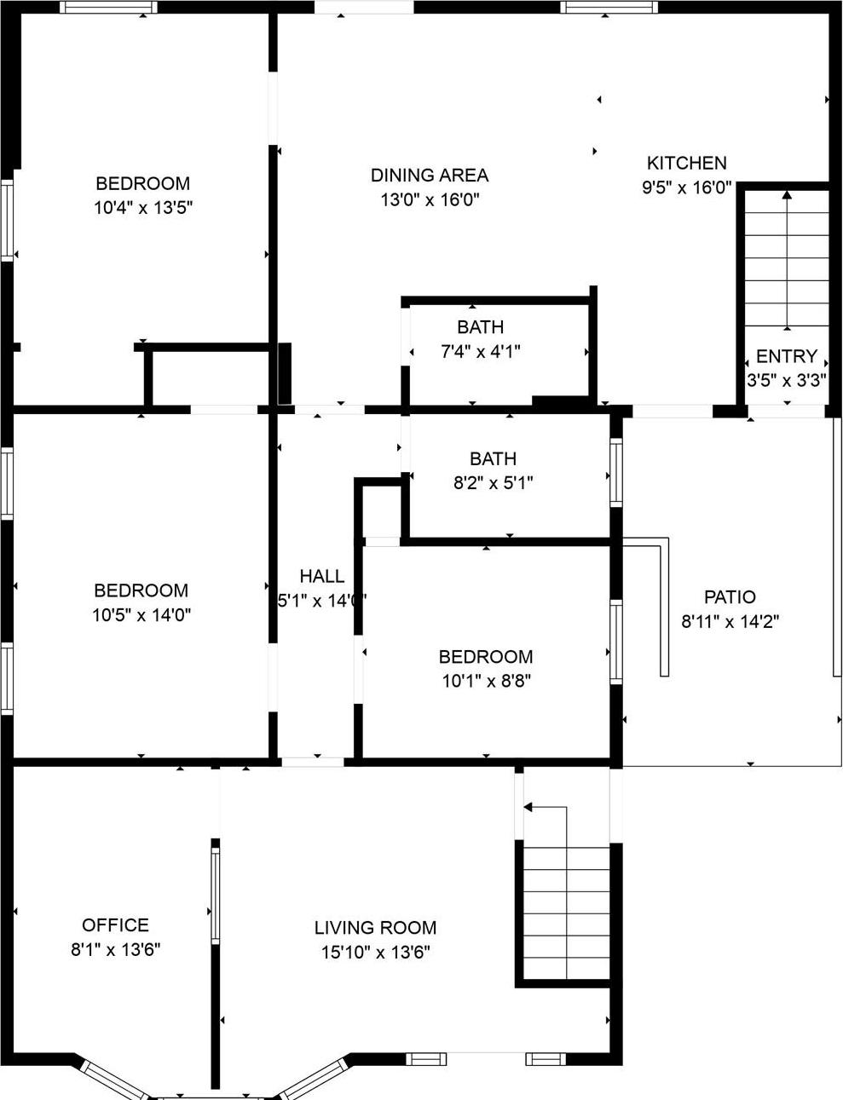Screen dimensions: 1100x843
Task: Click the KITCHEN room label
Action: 686,163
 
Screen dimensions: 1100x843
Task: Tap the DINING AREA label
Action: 430,176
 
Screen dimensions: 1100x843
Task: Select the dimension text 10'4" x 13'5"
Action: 143,207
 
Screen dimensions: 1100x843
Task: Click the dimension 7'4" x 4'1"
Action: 480,351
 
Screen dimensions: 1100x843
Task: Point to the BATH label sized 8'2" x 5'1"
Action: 492,459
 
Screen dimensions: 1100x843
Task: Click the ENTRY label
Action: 786,356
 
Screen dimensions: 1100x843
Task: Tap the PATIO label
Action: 730,597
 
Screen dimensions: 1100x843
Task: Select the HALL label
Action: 321,577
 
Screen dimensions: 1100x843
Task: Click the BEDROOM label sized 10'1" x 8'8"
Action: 486,657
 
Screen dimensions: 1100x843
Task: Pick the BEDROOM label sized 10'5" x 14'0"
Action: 141,590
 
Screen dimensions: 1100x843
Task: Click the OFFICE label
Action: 115,925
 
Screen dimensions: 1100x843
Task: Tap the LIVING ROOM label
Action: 375,928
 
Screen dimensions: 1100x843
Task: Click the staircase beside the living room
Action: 566,912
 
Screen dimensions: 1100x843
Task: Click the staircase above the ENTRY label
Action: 786,264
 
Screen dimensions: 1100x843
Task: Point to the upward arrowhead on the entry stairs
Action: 786,195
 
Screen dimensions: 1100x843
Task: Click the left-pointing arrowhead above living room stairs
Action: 528,806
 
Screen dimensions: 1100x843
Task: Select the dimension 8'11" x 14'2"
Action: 730,622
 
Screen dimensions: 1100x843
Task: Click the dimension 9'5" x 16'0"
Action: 686,187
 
